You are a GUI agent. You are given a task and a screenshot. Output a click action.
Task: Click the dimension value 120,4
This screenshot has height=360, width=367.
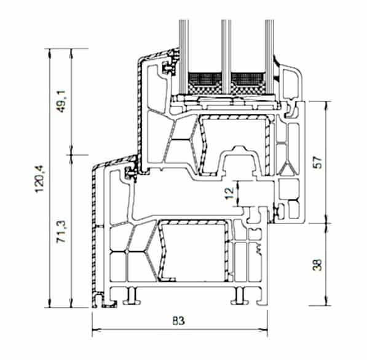39,178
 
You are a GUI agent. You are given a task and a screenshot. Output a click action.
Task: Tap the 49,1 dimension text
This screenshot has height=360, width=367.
62,101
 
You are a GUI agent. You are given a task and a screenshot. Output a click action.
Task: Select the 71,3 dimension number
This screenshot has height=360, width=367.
62,231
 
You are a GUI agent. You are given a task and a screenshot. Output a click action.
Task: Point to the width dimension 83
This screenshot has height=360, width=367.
179,321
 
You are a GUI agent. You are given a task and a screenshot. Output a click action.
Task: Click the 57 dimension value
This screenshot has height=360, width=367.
318,162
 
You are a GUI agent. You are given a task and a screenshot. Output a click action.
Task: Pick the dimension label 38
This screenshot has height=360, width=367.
317,265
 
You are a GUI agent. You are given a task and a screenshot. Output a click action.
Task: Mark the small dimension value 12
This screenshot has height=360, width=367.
230,193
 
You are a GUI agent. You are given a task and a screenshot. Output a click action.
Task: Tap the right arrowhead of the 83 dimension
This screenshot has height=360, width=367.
264,330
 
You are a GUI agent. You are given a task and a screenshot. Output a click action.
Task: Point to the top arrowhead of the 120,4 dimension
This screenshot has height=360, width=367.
49,53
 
